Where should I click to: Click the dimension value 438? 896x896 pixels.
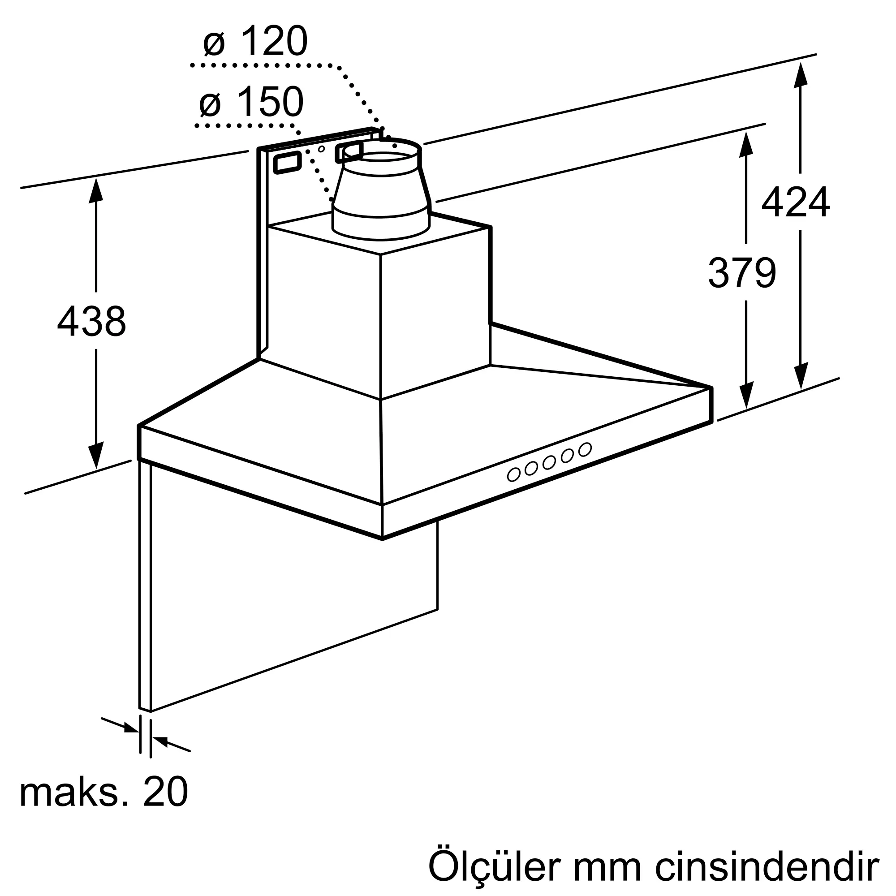[x=91, y=321]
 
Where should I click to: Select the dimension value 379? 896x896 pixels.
[x=741, y=272]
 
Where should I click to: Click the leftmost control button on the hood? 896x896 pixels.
[x=513, y=474]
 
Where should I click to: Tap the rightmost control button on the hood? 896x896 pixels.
[x=585, y=449]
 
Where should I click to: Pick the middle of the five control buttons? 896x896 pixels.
[x=549, y=462]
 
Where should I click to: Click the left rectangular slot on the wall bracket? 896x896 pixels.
[x=288, y=163]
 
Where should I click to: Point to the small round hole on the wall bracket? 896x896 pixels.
[x=321, y=149]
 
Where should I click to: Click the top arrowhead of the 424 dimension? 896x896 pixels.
[x=801, y=75]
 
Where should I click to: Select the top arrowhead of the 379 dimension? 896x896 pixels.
[x=746, y=144]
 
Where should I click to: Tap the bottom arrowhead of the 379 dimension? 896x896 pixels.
[x=746, y=396]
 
